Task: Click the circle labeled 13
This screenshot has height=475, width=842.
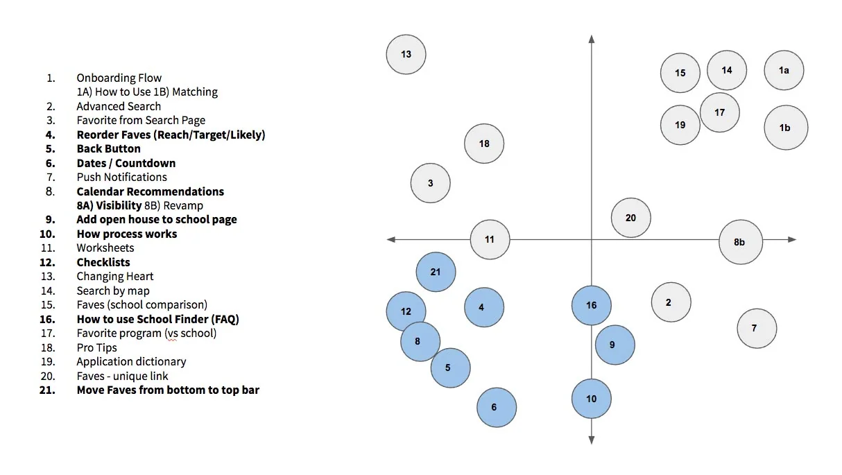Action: pyautogui.click(x=406, y=55)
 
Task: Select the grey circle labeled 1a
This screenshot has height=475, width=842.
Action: pyautogui.click(x=784, y=70)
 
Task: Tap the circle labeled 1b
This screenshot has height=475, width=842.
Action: pyautogui.click(x=786, y=128)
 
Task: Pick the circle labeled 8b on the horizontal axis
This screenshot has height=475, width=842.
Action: pyautogui.click(x=741, y=242)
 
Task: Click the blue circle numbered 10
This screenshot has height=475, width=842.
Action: pyautogui.click(x=592, y=399)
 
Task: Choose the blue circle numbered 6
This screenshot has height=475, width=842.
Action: pyautogui.click(x=497, y=407)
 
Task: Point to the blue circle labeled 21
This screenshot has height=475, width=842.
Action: pyautogui.click(x=436, y=272)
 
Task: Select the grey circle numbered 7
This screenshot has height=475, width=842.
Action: pyautogui.click(x=757, y=329)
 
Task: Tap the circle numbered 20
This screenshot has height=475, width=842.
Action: pyautogui.click(x=630, y=218)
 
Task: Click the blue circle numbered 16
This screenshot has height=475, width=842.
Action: pyautogui.click(x=592, y=305)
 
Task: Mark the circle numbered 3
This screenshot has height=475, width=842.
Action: pyautogui.click(x=431, y=183)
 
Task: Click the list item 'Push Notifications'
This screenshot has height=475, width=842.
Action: pyautogui.click(x=122, y=177)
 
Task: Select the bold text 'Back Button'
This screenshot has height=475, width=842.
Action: pyautogui.click(x=109, y=149)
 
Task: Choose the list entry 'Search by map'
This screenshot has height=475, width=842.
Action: pyautogui.click(x=113, y=291)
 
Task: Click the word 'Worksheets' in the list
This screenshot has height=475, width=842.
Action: pyautogui.click(x=105, y=248)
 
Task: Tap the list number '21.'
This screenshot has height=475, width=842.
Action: pyautogui.click(x=47, y=390)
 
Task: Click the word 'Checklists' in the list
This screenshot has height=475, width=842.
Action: pyautogui.click(x=103, y=262)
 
